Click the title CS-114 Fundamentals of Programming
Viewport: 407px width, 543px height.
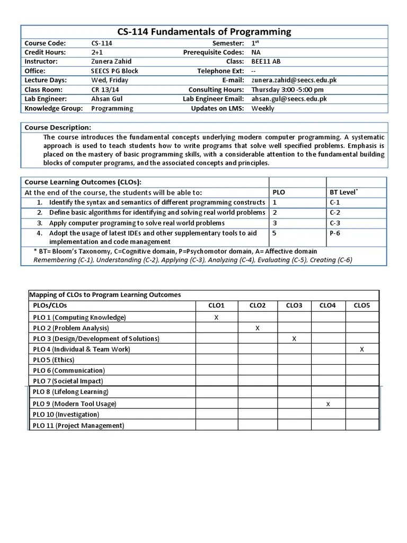click(x=204, y=31)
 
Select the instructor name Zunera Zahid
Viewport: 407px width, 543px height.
click(x=112, y=62)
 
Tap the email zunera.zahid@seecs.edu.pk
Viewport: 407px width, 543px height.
click(x=294, y=80)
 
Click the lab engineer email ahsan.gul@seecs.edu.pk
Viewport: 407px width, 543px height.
click(x=289, y=99)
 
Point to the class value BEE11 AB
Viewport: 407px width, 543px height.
click(x=266, y=62)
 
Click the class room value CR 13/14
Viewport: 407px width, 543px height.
click(x=105, y=90)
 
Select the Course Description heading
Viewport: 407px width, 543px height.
click(x=58, y=127)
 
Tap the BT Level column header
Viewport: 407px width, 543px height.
click(x=342, y=192)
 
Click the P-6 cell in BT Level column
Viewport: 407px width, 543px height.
click(x=335, y=232)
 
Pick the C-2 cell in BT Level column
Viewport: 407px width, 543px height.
click(x=335, y=212)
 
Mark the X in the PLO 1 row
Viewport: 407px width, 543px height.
click(x=216, y=317)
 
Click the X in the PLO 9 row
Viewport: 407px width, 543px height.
click(x=328, y=404)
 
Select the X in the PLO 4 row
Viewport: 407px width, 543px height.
click(x=362, y=349)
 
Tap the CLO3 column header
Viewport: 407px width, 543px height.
click(x=294, y=305)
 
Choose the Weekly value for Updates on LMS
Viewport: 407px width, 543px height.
click(x=263, y=108)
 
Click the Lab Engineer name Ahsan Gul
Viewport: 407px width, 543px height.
click(x=107, y=99)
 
